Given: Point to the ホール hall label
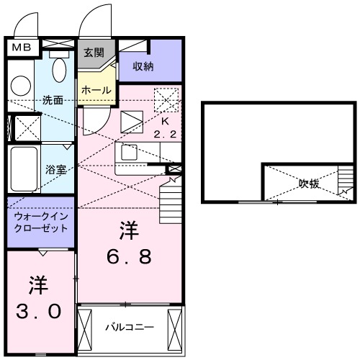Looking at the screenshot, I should (96, 91).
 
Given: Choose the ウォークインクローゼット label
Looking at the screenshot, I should (40, 221).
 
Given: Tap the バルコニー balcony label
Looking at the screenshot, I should (130, 327).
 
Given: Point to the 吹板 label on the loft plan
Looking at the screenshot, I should (310, 184).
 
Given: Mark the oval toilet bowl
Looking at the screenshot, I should (60, 71).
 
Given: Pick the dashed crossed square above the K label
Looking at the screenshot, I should (166, 98).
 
